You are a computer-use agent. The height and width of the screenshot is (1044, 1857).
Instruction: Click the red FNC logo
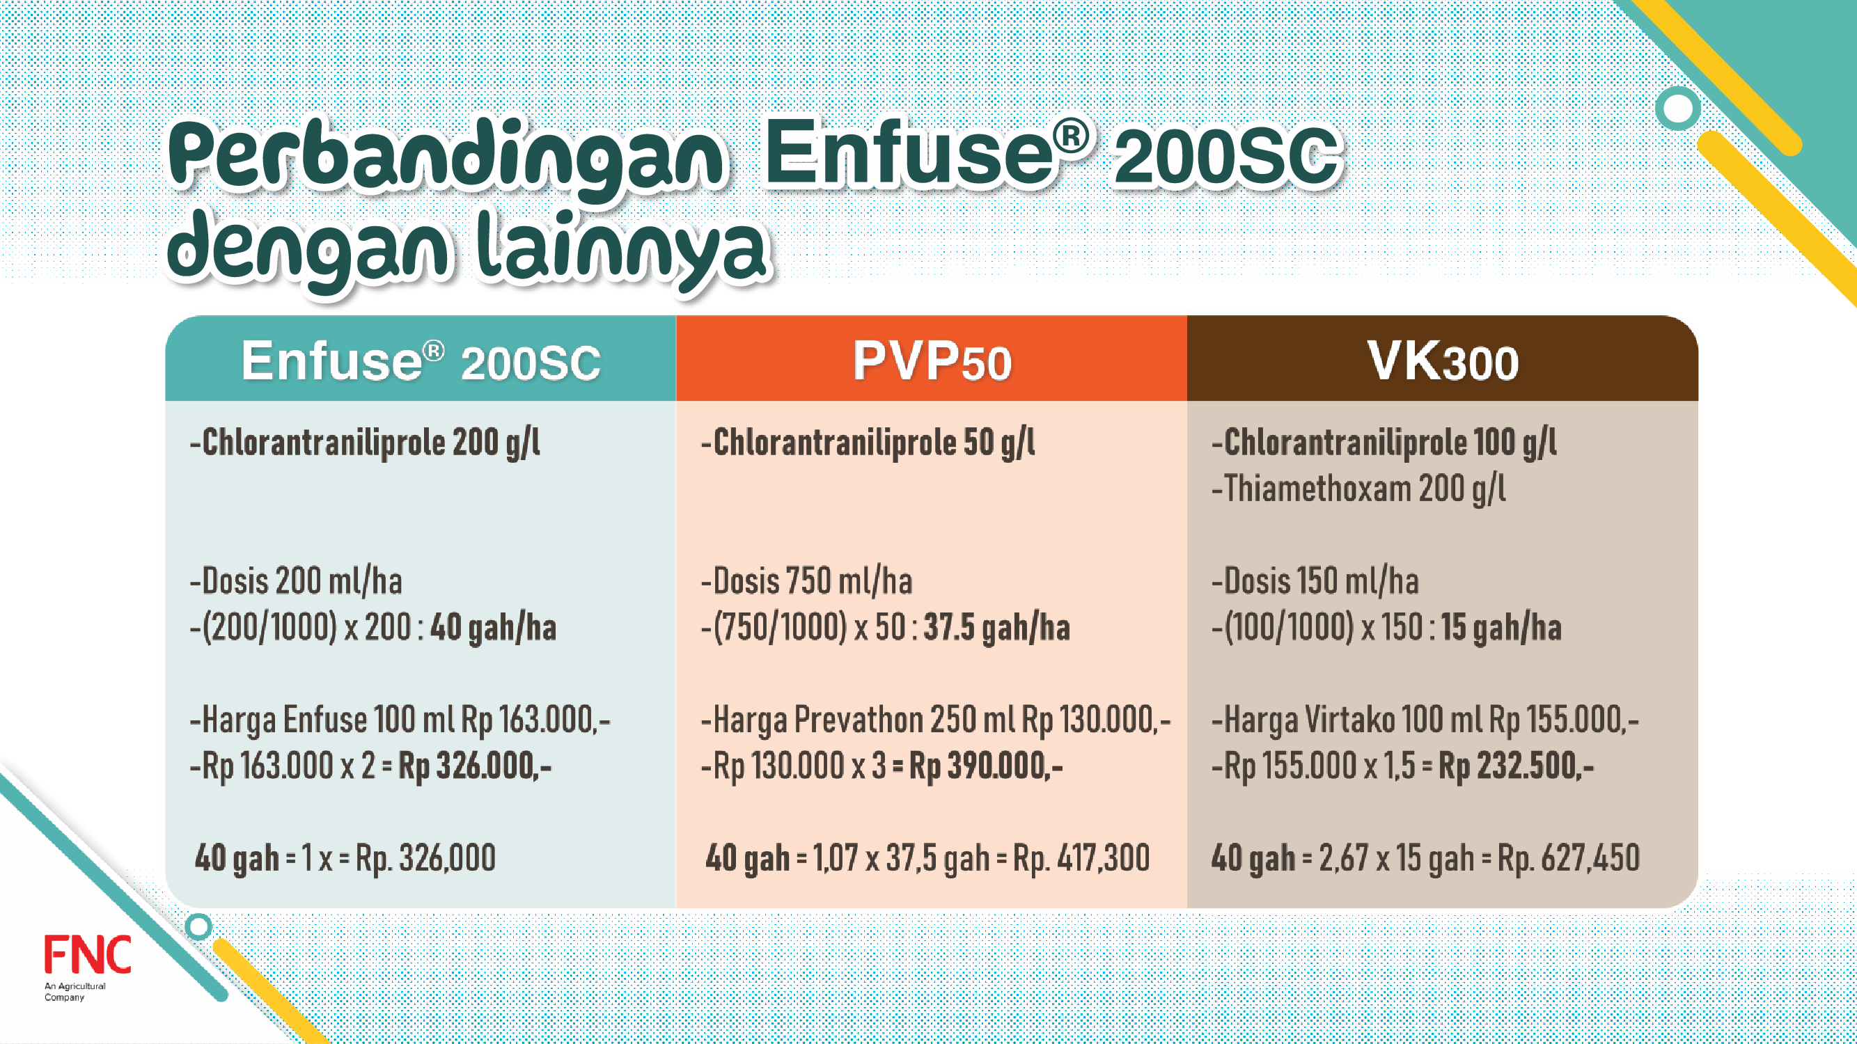pos(87,955)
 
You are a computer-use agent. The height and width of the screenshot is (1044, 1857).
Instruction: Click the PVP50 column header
pos(932,361)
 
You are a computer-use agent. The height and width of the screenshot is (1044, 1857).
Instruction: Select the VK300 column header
pos(1443,361)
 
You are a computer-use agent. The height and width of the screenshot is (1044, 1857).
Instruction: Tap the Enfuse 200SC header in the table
pos(421,361)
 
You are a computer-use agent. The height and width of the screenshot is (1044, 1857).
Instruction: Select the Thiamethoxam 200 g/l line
pos(1358,489)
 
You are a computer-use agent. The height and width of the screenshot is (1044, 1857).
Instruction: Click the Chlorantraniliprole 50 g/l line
pos(868,443)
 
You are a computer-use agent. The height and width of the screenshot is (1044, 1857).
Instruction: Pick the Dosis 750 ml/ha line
pos(807,581)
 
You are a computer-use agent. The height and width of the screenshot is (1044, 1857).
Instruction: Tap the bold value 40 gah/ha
pos(493,628)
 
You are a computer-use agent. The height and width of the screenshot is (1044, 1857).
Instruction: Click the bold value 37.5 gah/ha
pos(997,628)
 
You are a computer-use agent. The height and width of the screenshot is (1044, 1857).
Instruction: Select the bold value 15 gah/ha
pos(1501,628)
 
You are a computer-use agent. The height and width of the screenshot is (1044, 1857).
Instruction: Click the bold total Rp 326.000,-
pos(475,766)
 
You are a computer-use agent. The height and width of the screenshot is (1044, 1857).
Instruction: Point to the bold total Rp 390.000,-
pos(985,766)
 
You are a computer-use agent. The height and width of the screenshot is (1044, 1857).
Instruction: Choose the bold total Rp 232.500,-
pos(1516,766)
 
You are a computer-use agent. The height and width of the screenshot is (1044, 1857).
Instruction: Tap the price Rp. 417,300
pos(1081,858)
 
